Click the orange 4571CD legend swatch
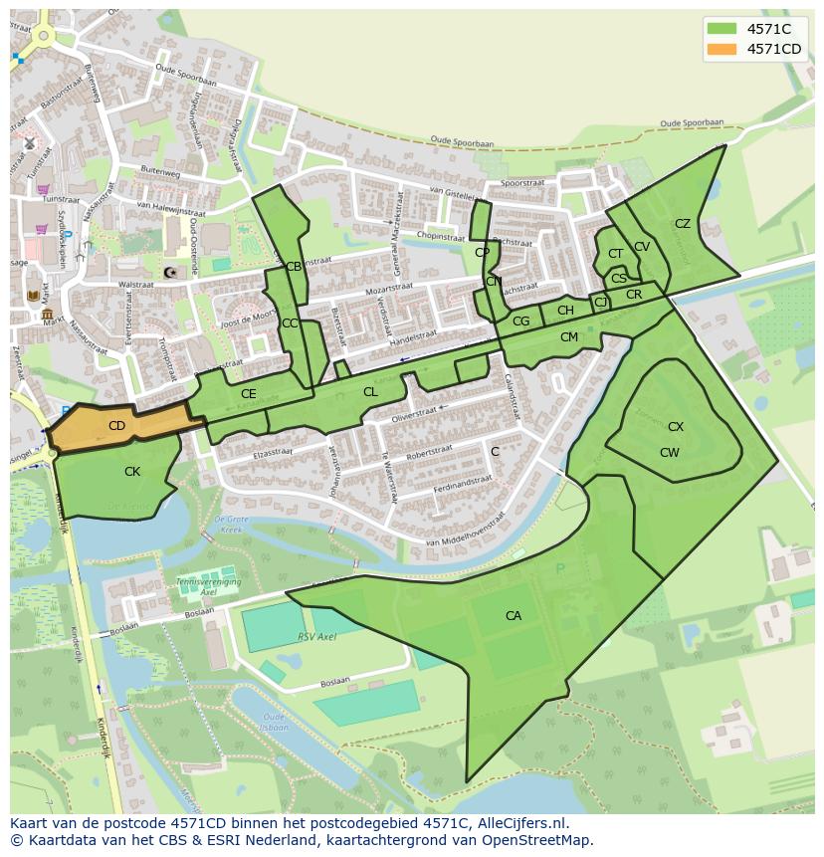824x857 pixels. [x=722, y=49]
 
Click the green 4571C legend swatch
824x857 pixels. [x=722, y=29]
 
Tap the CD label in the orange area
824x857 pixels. [x=116, y=426]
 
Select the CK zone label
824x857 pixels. [x=132, y=472]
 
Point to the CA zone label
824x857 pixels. [x=514, y=616]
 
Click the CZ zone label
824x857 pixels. [x=683, y=224]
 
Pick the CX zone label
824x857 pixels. [x=676, y=427]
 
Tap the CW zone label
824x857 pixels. [x=670, y=453]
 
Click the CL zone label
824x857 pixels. [x=370, y=392]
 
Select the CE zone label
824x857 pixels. [x=249, y=394]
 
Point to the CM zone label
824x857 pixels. [x=569, y=337]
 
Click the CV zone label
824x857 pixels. [x=642, y=247]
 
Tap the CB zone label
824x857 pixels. [x=294, y=267]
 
